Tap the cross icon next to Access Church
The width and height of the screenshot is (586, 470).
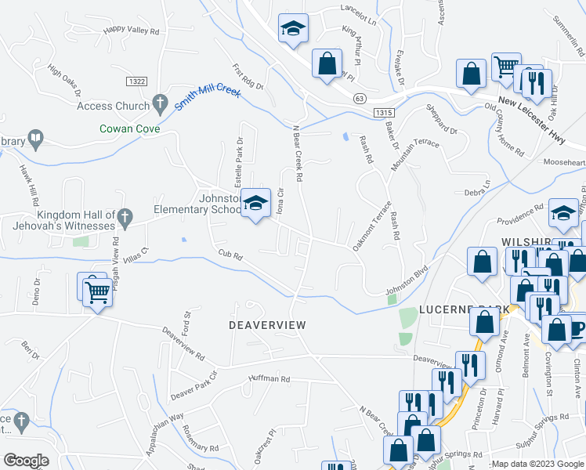[x=160, y=103]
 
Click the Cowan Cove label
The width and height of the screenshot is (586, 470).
[x=129, y=128]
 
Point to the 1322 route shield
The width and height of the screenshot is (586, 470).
[x=136, y=81]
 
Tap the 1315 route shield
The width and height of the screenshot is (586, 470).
[x=383, y=113]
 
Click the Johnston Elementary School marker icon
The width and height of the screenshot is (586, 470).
[x=254, y=204]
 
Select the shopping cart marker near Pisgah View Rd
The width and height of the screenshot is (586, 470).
[x=97, y=293]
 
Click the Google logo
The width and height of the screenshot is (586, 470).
[x=27, y=460]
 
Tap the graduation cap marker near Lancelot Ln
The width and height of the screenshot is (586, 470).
[x=293, y=31]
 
